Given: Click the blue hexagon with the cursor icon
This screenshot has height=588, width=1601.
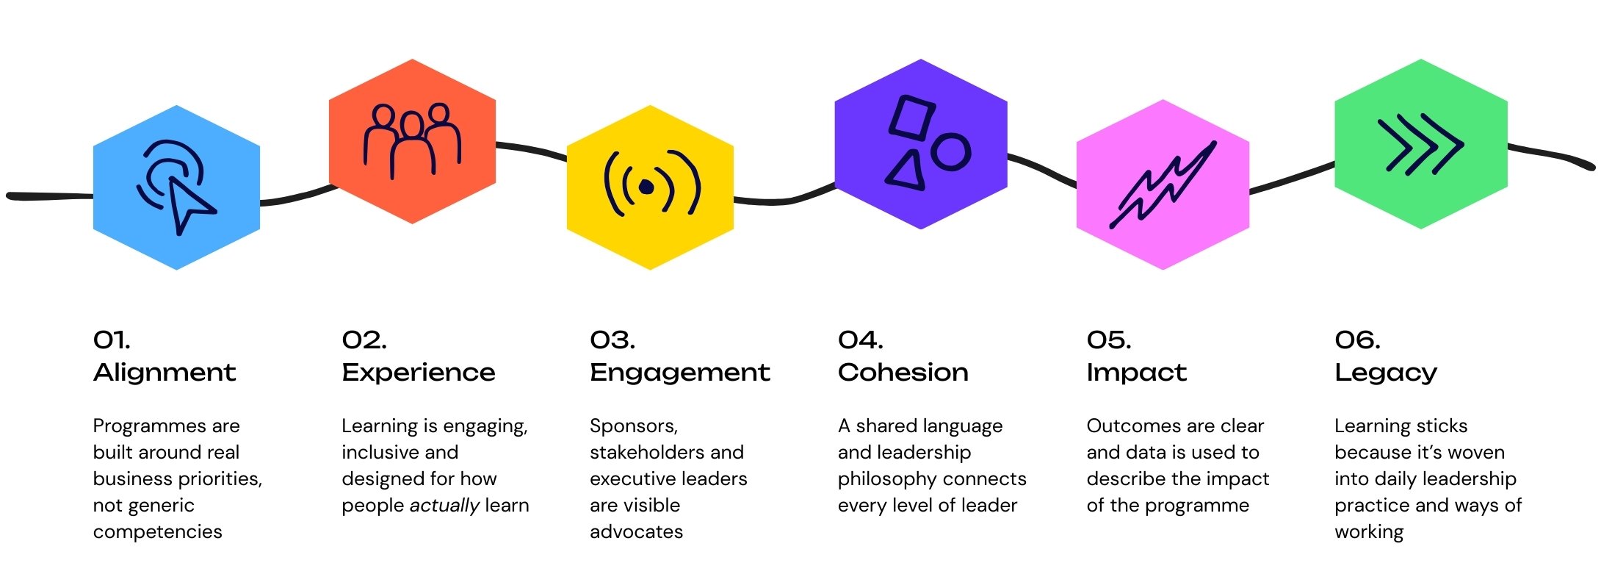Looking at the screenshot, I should click(x=176, y=187).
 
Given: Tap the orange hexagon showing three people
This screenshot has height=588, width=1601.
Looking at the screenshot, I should click(x=412, y=141).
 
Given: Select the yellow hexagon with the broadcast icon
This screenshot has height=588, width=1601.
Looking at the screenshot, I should click(x=650, y=187).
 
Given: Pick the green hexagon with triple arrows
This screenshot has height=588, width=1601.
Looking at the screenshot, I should click(x=1420, y=144).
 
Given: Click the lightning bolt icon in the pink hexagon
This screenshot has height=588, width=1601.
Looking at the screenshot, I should click(x=1163, y=184).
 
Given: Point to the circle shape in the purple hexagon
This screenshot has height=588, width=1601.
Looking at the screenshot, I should click(x=951, y=152).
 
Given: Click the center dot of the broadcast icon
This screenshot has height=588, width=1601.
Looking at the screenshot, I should click(x=646, y=187).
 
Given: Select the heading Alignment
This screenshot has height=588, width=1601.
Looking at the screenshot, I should click(x=165, y=373).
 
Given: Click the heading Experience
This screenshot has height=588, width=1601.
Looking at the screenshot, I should click(x=419, y=373).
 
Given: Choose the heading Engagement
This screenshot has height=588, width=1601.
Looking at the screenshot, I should click(x=680, y=373).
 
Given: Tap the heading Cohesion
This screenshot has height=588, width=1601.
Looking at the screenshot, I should click(x=903, y=373).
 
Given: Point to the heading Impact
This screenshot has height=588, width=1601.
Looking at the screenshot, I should click(x=1136, y=373).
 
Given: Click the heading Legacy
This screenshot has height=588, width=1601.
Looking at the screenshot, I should click(x=1386, y=373).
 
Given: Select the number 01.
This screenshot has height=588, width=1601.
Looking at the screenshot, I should click(x=112, y=340).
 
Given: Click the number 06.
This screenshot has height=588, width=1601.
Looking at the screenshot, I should click(x=1357, y=340).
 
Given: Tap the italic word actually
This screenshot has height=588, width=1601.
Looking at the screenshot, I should click(x=444, y=506).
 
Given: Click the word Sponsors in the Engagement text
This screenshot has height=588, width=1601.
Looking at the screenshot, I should click(x=634, y=426).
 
